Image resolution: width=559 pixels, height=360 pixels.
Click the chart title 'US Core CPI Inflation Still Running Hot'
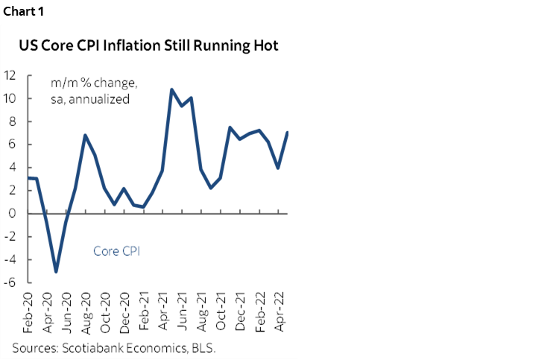[149, 45]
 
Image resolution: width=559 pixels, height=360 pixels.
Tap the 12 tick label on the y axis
[11, 75]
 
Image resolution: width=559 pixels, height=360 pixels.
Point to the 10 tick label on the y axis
[11, 98]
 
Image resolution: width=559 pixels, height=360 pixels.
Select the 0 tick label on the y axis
[14, 213]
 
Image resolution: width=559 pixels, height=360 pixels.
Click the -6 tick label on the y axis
[12, 282]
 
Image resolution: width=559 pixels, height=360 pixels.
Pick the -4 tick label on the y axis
[12, 259]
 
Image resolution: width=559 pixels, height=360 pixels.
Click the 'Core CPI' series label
[116, 251]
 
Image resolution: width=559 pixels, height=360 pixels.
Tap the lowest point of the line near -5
[56, 271]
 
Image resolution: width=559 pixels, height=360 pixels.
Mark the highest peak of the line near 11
[172, 89]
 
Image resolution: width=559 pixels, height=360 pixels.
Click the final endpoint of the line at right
[288, 133]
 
